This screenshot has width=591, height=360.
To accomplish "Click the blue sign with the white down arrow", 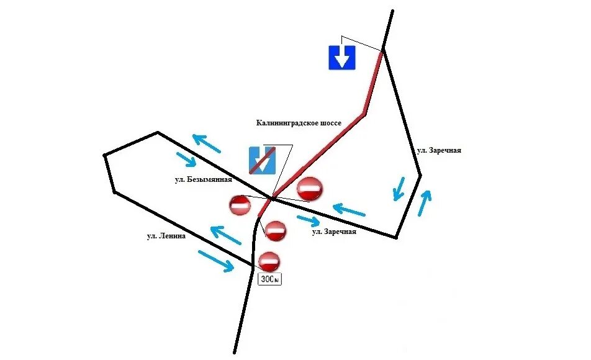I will pos(341,57).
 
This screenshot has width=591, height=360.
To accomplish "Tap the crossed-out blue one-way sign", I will pos(262,160).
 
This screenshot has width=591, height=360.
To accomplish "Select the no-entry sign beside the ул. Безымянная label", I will pos(240,205).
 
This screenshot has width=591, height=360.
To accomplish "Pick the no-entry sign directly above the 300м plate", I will pos(269,261).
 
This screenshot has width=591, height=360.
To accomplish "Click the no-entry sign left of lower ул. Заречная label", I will pos(276,231).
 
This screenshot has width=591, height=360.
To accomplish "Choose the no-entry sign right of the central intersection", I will pos(310,189).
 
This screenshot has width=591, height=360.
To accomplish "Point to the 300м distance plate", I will pos(269,279).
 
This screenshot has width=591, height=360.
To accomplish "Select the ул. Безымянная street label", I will pos(203,180).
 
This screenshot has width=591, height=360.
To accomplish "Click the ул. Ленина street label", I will pos(166,236).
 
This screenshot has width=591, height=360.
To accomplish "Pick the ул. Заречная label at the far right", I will pos(439,150).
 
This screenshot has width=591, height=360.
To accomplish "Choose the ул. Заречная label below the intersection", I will pos(334,232).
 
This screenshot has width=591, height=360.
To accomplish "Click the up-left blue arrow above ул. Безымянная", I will pos(206,143).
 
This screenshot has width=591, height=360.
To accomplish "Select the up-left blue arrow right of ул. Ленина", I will pos(225,235).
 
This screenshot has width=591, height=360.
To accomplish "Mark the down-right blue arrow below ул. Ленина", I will pos(215,261).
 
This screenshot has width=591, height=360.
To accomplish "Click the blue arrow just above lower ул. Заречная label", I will pos(309,220).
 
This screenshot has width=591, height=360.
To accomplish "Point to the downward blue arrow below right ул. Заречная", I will pos(399,189).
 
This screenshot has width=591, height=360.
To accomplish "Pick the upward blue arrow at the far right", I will pos(424,203).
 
